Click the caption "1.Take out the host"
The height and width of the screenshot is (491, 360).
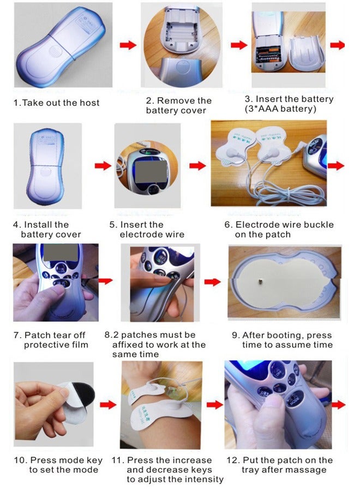click(x=57, y=103)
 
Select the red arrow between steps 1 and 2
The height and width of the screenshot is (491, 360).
click(x=128, y=45)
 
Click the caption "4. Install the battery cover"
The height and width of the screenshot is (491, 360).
click(x=47, y=229)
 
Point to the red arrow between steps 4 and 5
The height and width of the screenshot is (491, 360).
click(x=103, y=165)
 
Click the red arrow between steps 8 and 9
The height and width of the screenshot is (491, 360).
click(x=212, y=282)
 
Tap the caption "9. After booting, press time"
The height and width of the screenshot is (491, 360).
click(x=287, y=340)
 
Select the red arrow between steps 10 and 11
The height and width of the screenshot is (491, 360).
click(x=109, y=404)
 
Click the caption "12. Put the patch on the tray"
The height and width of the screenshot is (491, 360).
click(x=287, y=465)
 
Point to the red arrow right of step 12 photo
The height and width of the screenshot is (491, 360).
click(x=339, y=404)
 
